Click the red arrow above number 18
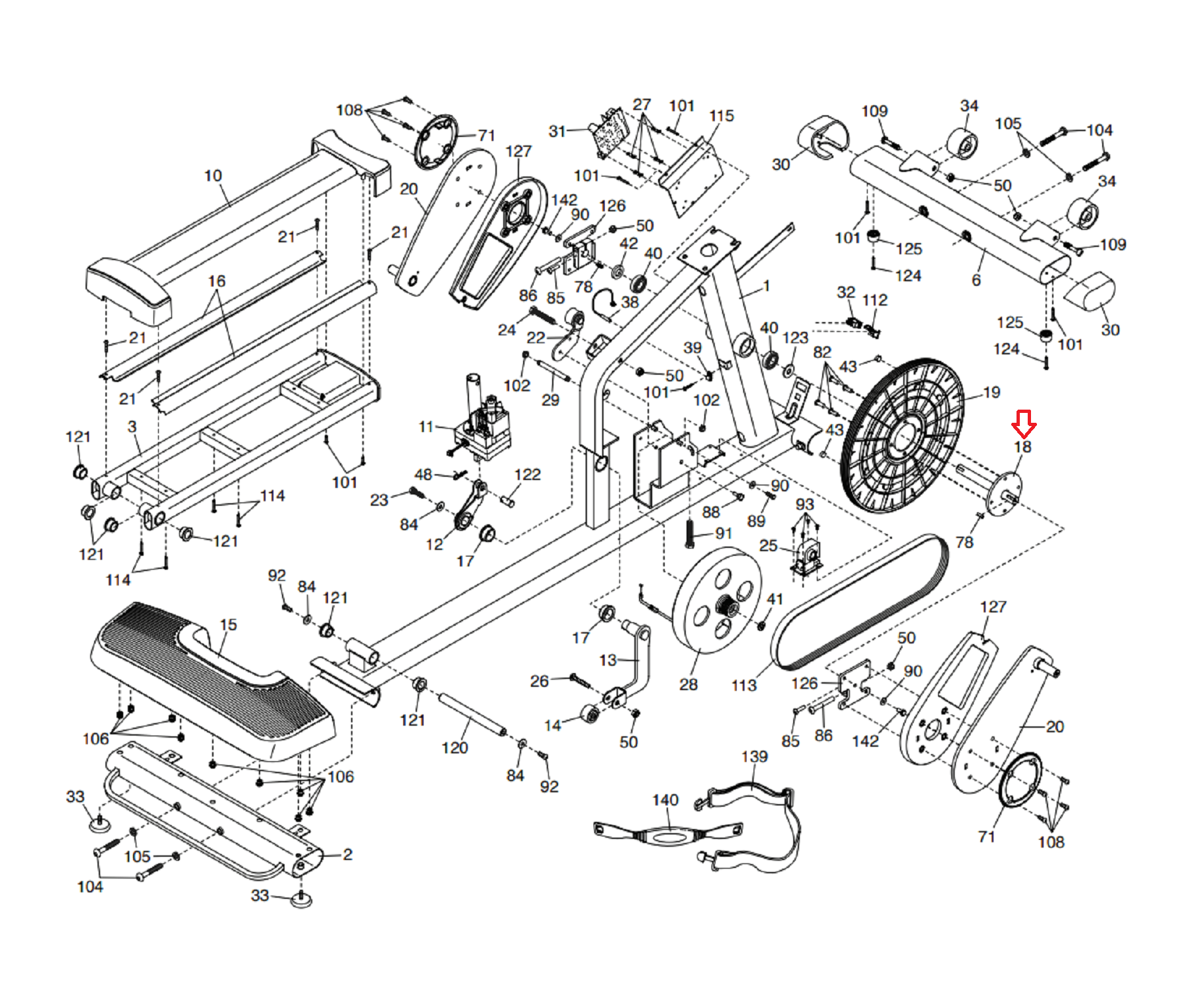tap(1023, 424)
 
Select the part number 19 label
tap(991, 392)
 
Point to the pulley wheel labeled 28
tap(717, 600)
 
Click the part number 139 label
tap(754, 756)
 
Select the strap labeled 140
tap(668, 834)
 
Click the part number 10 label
tap(213, 176)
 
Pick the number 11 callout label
tap(426, 427)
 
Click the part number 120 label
tap(455, 747)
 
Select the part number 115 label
tap(721, 116)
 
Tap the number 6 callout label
tap(976, 281)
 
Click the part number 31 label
tap(557, 131)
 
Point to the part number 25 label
tap(768, 545)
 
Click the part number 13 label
tap(608, 660)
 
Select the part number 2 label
tap(348, 854)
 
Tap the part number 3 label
tap(132, 427)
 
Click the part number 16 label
tap(217, 281)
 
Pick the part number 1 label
tap(766, 286)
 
